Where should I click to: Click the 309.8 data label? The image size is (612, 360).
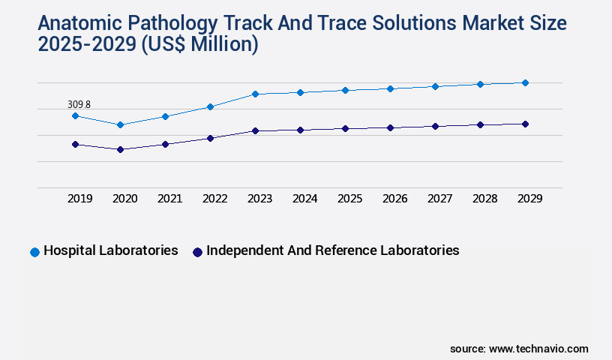(x=79, y=105)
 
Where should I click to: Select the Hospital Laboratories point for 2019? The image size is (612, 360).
(x=75, y=115)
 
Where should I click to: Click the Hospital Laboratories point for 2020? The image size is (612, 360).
(x=120, y=124)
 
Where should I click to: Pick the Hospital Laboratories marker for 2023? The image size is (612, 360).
(x=255, y=94)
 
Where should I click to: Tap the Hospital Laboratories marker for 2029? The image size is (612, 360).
(x=525, y=82)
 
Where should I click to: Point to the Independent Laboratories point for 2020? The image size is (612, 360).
(x=120, y=149)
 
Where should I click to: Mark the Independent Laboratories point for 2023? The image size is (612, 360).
(x=255, y=130)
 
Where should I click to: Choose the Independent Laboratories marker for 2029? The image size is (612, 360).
(x=525, y=124)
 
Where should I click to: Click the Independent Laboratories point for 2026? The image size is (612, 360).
(x=390, y=127)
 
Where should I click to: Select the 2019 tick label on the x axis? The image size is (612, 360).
(x=79, y=199)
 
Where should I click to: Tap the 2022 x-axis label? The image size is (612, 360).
(x=214, y=199)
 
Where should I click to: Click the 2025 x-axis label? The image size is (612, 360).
(x=349, y=199)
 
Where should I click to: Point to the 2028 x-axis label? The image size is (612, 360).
(x=484, y=199)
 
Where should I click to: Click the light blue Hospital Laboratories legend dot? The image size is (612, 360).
(x=34, y=252)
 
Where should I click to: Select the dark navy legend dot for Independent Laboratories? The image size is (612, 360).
(x=197, y=252)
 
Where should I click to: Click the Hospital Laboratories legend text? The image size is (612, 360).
(x=111, y=250)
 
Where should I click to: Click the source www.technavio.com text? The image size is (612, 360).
(x=519, y=349)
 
